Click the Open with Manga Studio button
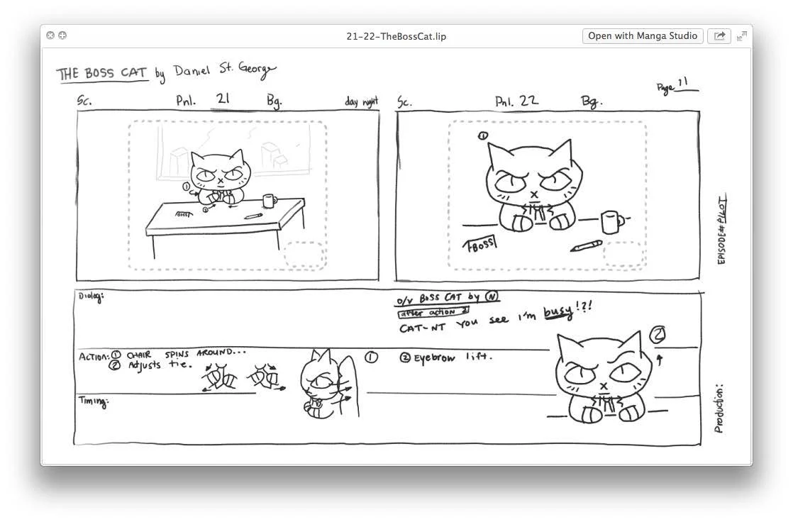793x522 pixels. [x=643, y=36]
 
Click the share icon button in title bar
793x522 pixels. [x=719, y=36]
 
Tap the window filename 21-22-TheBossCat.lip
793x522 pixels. [x=396, y=36]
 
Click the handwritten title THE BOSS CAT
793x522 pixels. [x=102, y=74]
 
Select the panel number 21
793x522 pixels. [x=223, y=99]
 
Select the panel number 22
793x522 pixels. [x=528, y=100]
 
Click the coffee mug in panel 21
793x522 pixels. [x=269, y=201]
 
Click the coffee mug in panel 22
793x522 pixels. [x=611, y=221]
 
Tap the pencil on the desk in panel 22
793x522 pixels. [x=586, y=246]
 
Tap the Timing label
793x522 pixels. [x=93, y=402]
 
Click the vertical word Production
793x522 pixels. [x=719, y=409]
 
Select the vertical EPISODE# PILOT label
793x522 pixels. [x=722, y=230]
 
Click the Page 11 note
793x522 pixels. [x=676, y=86]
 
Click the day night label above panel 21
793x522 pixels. [x=361, y=102]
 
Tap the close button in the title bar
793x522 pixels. [x=50, y=35]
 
